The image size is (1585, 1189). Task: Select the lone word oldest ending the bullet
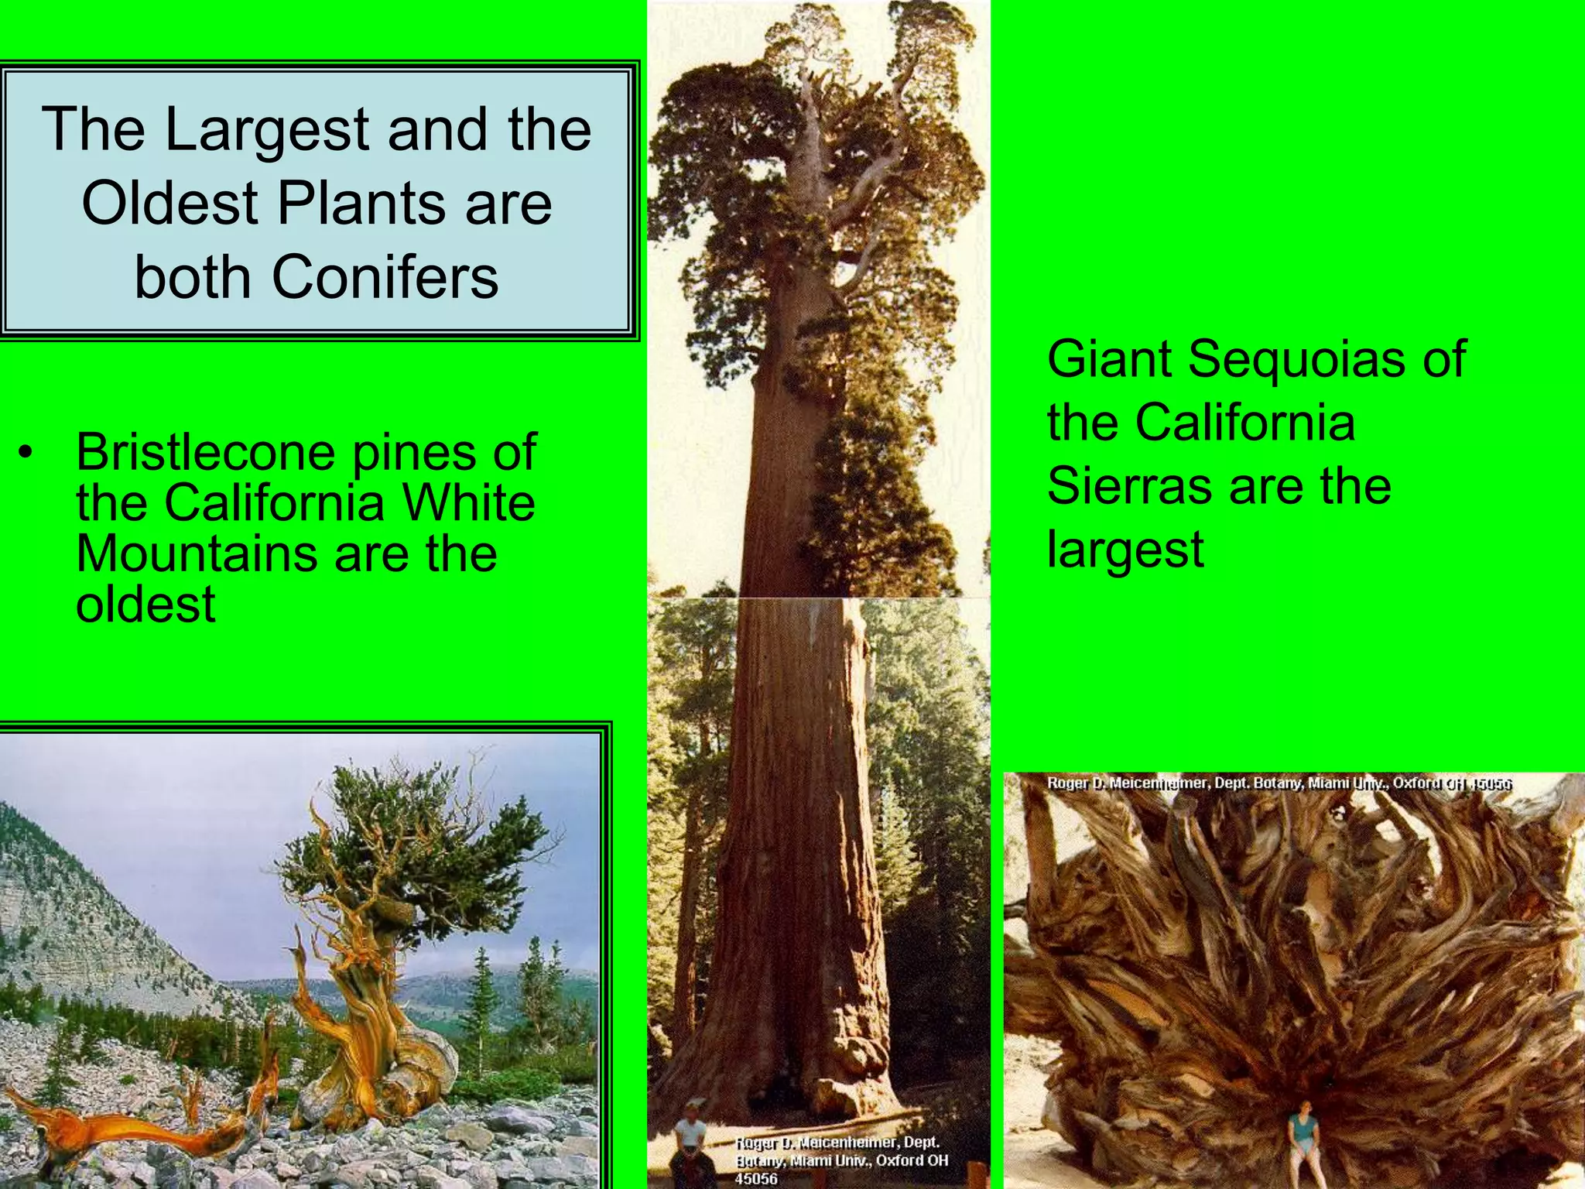point(145,604)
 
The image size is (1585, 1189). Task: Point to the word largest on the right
point(1125,550)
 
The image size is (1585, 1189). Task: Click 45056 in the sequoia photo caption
point(756,1178)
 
